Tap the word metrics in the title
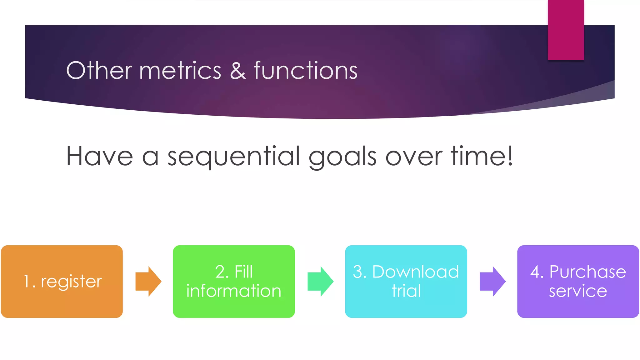point(180,71)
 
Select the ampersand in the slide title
point(237,71)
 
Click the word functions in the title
point(306,71)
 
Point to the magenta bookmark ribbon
point(566,30)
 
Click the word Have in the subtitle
point(99,156)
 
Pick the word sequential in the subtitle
point(233,156)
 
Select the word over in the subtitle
point(414,156)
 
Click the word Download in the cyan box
point(416,272)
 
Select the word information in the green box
point(234,291)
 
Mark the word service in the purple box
point(578,291)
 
